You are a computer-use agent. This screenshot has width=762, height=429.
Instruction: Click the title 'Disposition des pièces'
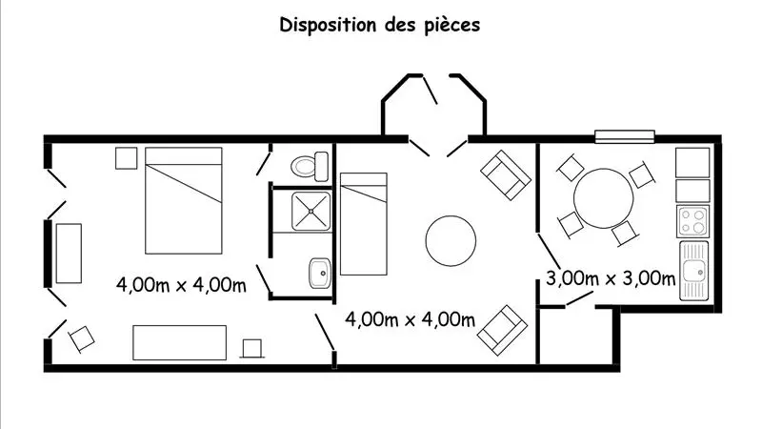point(379,25)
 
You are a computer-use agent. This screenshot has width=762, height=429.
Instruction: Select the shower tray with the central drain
point(311,213)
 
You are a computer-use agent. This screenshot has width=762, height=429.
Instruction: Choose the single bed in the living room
point(363,220)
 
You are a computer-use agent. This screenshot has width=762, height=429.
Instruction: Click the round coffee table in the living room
point(450,241)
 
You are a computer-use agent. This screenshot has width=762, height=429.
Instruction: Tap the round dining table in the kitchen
point(601,197)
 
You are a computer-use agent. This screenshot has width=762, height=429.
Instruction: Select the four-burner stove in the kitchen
point(693,222)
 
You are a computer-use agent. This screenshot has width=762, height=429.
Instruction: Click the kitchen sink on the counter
point(692,270)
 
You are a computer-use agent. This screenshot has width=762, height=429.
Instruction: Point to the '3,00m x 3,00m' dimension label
point(611,279)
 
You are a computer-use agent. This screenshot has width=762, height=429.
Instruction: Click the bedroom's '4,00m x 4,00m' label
point(180,283)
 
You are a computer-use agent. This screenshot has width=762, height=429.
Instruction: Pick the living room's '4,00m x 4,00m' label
point(410,318)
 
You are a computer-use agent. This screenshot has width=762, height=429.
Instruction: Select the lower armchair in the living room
point(504,327)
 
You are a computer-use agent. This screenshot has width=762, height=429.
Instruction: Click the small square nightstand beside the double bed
point(126,158)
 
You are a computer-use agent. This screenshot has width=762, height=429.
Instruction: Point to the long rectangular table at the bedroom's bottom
point(179,342)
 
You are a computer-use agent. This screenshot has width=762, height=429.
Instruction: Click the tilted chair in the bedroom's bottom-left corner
point(82,337)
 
